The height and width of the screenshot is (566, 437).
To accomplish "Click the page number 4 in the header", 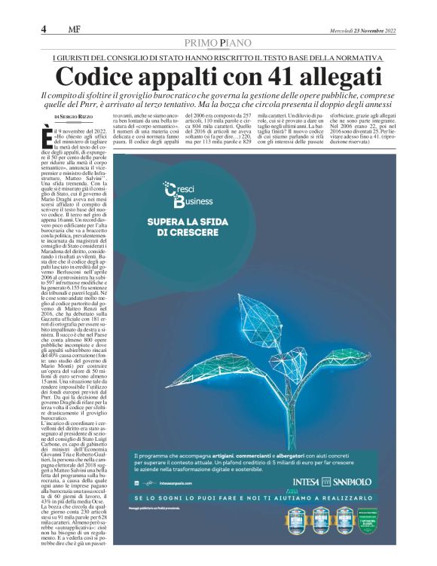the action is (44, 29).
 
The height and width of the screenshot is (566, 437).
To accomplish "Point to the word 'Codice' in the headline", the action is (97, 77).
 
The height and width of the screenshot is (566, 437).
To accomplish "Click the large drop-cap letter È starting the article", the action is (49, 135).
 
